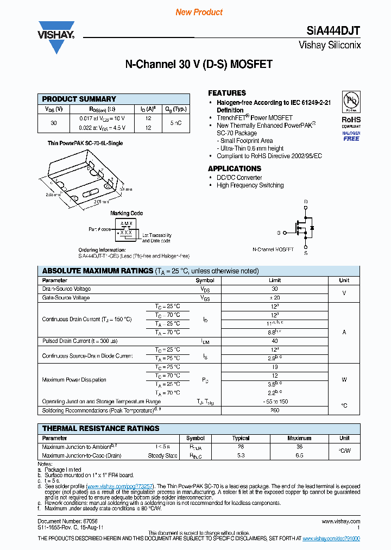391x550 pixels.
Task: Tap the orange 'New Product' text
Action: (199, 12)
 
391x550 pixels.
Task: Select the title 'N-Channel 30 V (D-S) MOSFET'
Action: (199, 64)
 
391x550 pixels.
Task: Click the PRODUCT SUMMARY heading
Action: (79, 99)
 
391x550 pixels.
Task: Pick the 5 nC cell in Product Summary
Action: (176, 123)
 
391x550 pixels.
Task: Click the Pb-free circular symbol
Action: (351, 101)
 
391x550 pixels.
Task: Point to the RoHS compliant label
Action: (351, 123)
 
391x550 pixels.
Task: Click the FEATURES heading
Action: (227, 93)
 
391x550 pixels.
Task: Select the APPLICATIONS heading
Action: (235, 168)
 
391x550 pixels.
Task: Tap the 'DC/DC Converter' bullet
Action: (239, 178)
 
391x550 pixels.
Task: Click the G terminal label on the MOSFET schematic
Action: (279, 233)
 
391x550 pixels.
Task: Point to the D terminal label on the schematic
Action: (306, 202)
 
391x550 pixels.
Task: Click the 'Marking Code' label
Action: (127, 213)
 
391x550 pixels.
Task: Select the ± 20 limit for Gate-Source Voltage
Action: (275, 298)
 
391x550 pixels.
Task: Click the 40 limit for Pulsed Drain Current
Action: (275, 341)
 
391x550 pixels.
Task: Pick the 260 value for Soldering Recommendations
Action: (275, 410)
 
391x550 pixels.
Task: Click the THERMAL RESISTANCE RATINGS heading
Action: (101, 428)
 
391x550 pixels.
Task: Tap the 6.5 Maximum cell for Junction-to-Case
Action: (299, 455)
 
